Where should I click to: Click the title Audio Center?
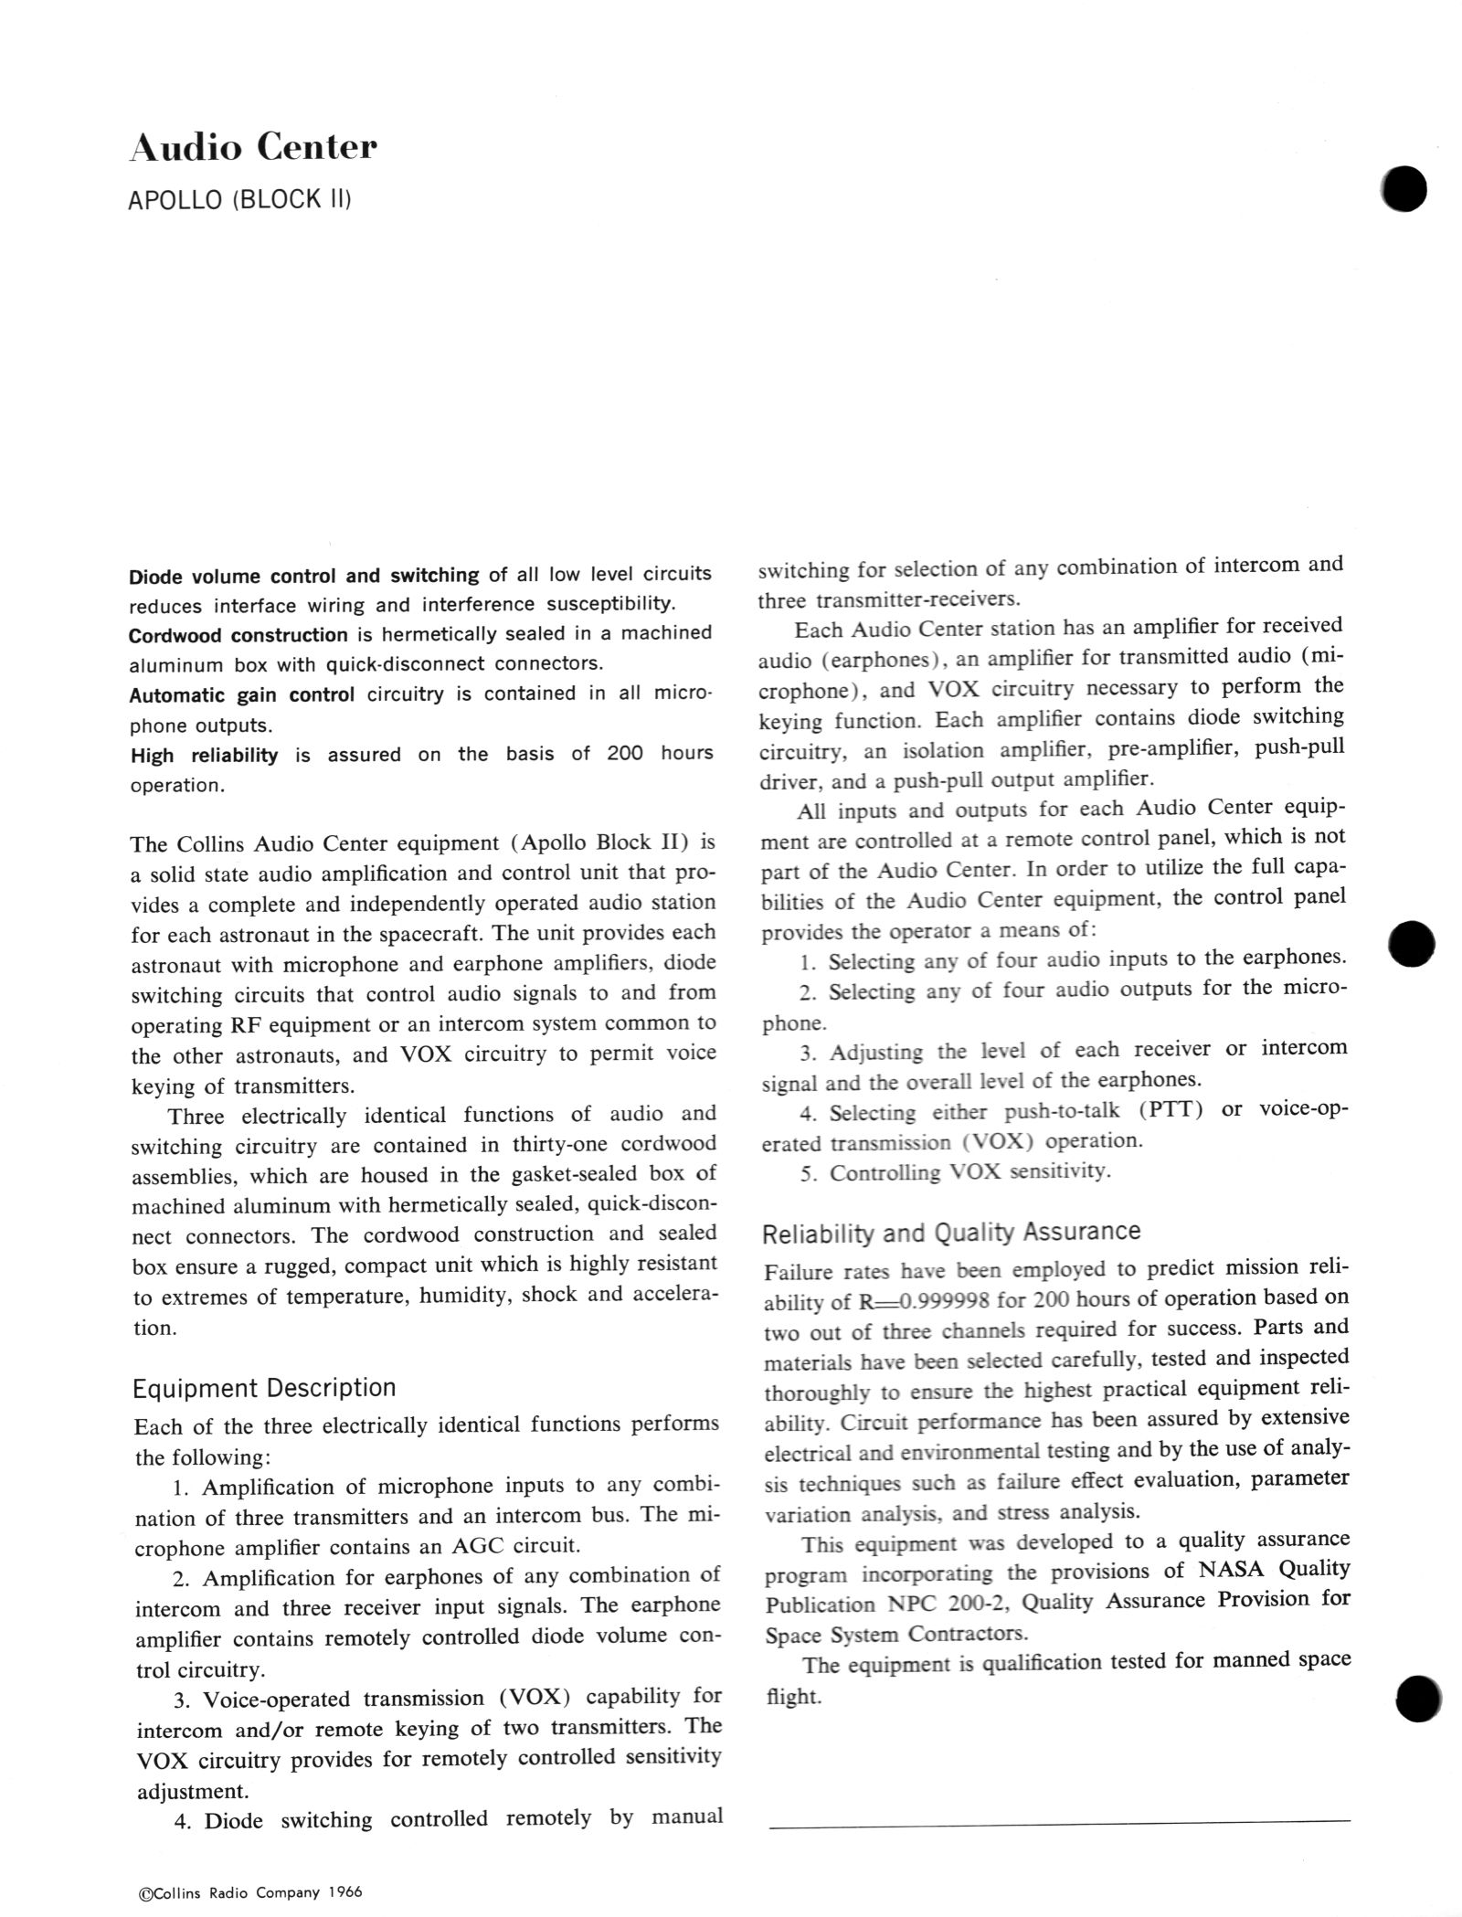[x=253, y=147]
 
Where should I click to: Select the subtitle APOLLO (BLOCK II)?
[x=239, y=200]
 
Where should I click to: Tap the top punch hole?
[x=1404, y=189]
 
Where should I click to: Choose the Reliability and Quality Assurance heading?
[x=951, y=1233]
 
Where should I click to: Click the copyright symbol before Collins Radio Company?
[x=143, y=1893]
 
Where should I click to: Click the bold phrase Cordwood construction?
[x=238, y=635]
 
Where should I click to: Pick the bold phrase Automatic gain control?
[x=241, y=695]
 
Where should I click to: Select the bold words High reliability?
[x=204, y=756]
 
